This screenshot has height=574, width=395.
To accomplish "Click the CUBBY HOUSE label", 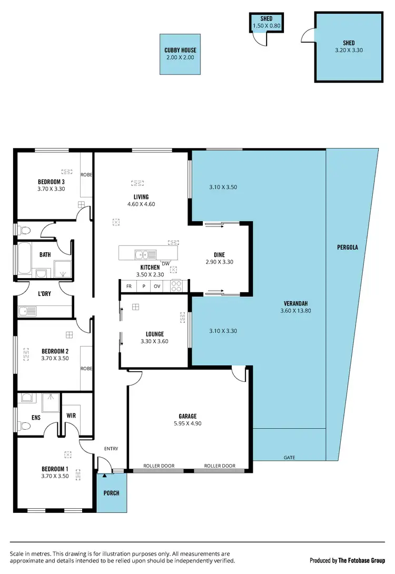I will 180,51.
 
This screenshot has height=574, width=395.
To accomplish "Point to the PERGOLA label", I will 348,246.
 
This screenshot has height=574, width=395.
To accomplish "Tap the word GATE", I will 289,458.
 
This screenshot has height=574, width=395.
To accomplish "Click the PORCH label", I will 112,493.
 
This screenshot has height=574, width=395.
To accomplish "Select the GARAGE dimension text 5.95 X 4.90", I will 188,423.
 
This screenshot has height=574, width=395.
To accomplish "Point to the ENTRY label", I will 111,449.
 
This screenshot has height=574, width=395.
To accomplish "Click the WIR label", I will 71,415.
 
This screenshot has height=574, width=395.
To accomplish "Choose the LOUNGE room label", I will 154,334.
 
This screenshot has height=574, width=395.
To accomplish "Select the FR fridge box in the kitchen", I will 129,286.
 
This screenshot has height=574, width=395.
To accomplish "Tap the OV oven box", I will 157,286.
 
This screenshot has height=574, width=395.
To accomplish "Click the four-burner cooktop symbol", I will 176,286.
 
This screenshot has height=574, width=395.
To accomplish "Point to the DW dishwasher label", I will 165,264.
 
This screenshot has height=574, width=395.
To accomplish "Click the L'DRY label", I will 44,293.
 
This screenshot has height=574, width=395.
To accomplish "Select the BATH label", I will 45,255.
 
